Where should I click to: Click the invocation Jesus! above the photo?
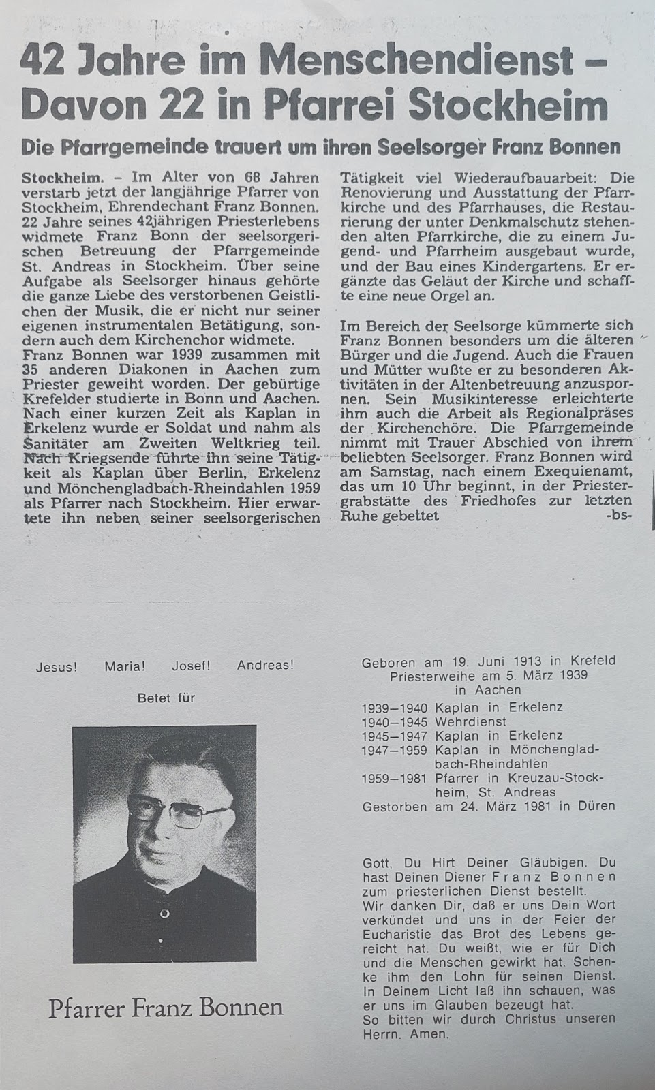click(x=56, y=667)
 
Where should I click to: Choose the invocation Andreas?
click(x=265, y=666)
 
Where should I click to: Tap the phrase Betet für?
click(x=166, y=698)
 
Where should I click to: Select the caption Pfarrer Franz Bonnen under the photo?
click(x=165, y=1008)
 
